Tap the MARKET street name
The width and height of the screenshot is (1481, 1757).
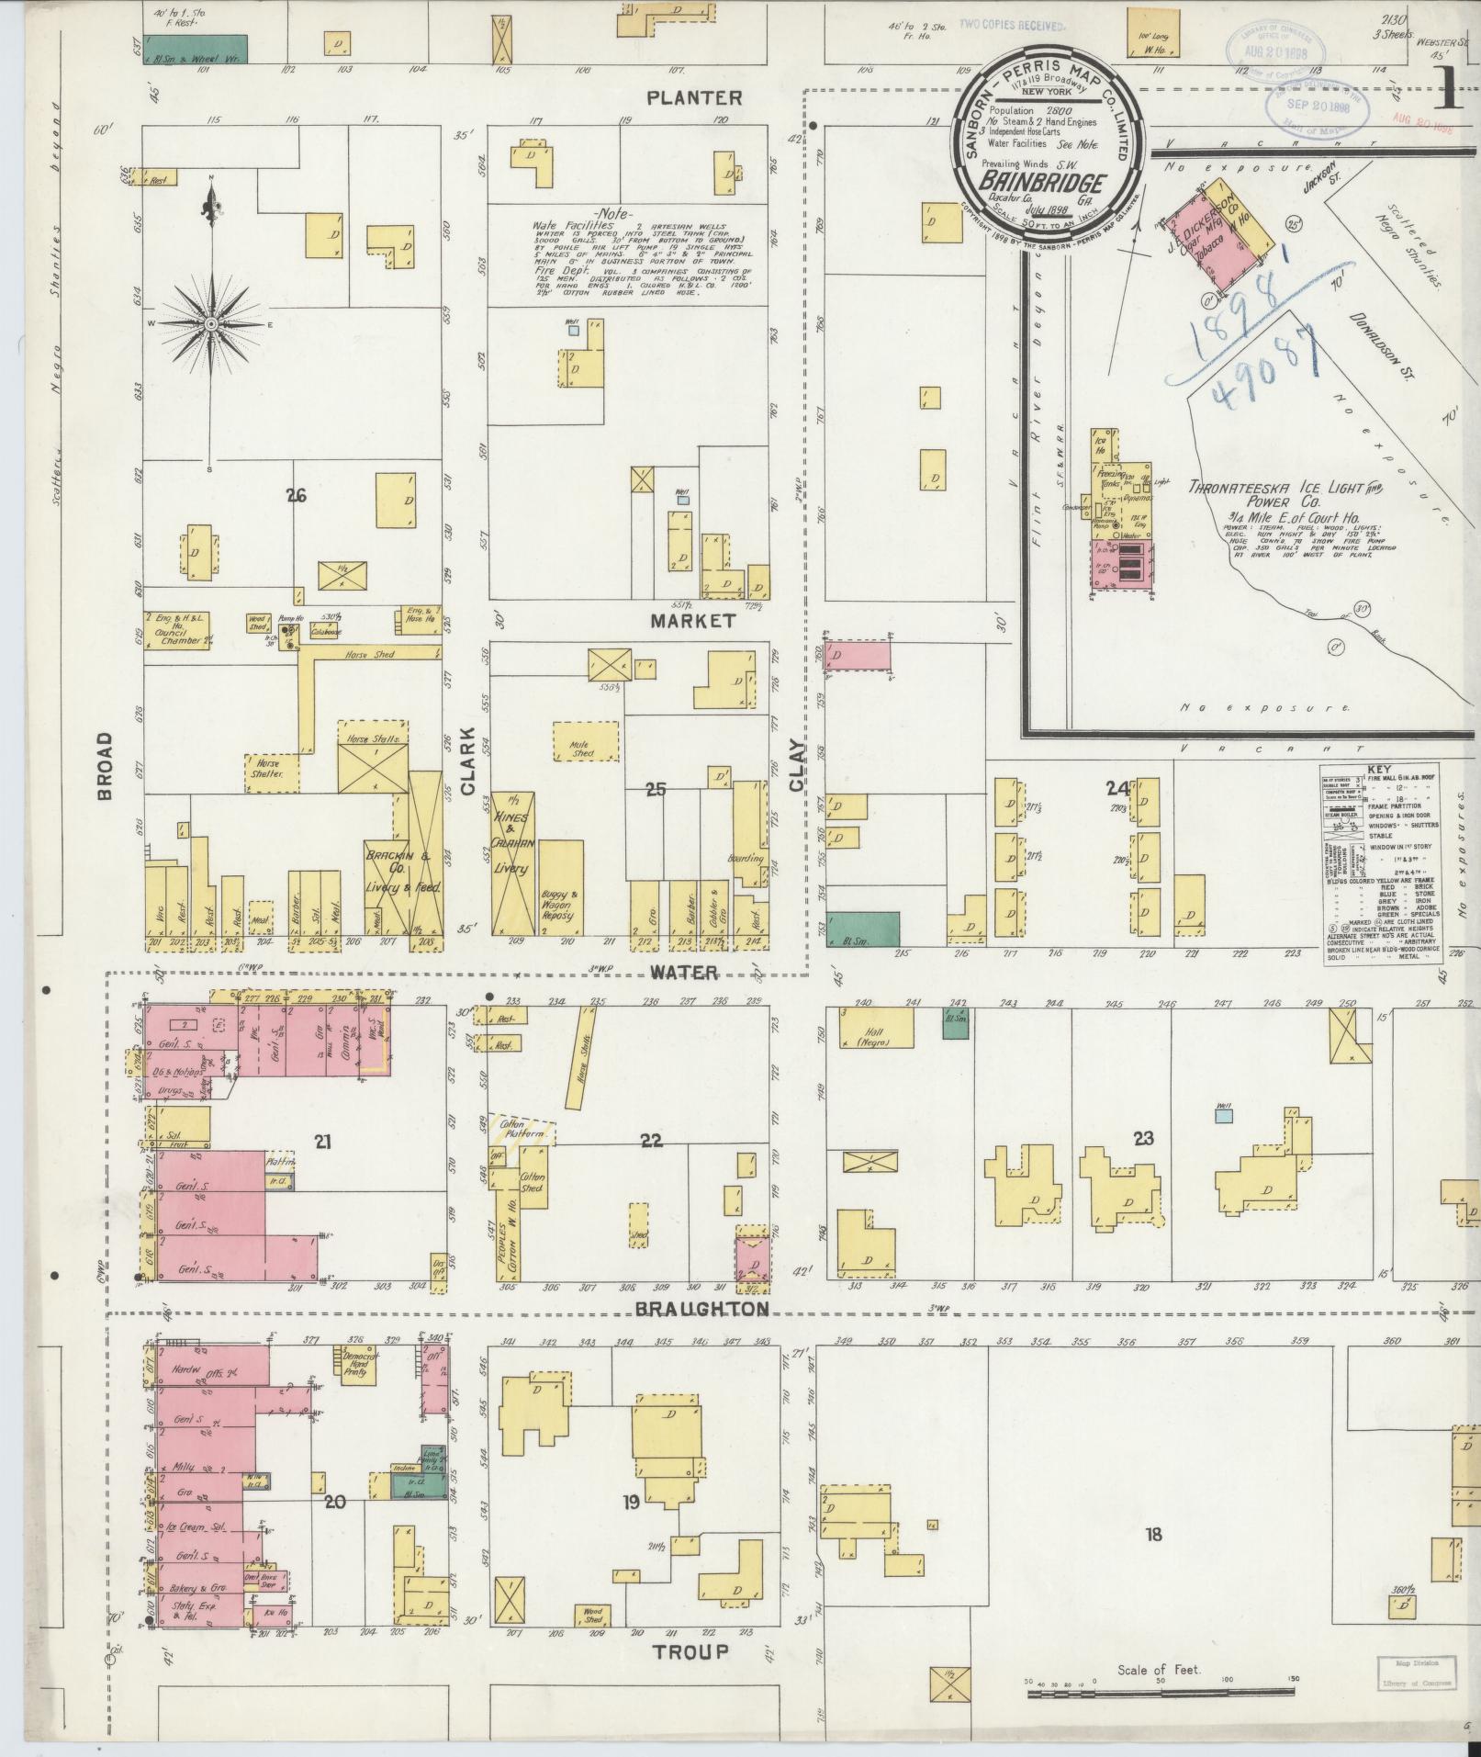point(692,621)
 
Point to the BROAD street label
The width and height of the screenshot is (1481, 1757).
point(104,765)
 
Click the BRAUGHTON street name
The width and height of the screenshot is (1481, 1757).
point(702,1309)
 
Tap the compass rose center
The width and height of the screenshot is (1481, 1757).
point(211,324)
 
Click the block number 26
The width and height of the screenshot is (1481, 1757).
point(296,497)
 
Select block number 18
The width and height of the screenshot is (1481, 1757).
point(1153,1534)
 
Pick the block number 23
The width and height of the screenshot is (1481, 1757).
point(1142,1138)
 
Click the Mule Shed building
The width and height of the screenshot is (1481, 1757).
point(584,739)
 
